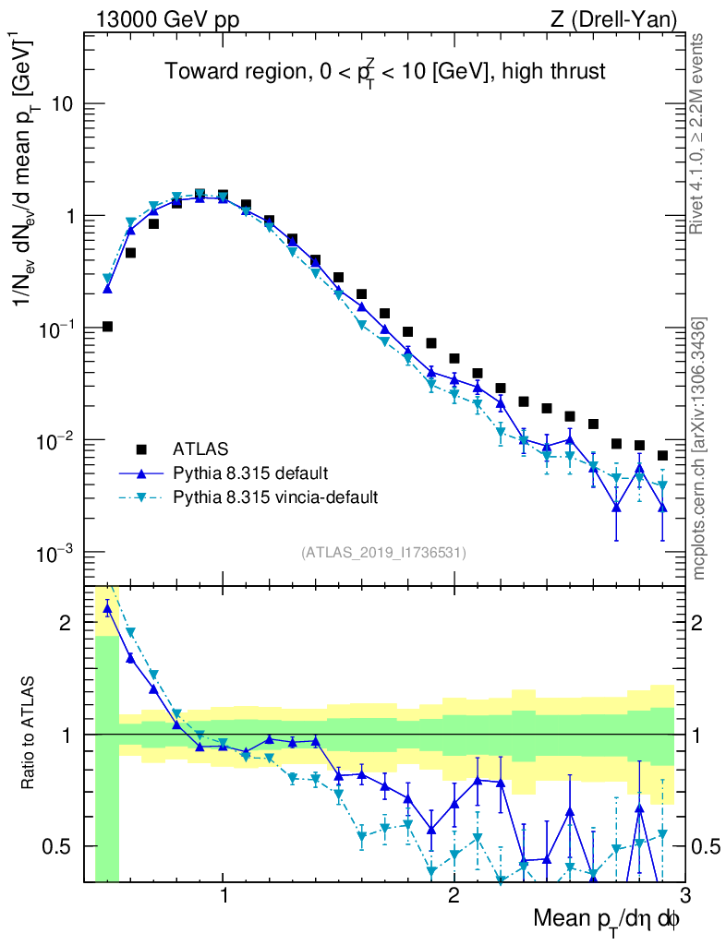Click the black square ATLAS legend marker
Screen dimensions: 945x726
point(141,449)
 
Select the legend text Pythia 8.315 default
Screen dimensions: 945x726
point(249,473)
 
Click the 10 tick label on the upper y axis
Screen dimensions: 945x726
point(60,103)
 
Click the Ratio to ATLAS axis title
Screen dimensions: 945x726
point(30,735)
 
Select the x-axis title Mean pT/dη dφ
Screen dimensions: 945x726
point(607,920)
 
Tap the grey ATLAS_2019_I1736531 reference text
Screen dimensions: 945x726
point(383,553)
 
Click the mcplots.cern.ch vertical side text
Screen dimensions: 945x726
point(699,448)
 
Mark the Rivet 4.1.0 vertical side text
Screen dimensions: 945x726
point(699,134)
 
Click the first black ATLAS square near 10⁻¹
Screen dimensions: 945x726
point(107,326)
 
